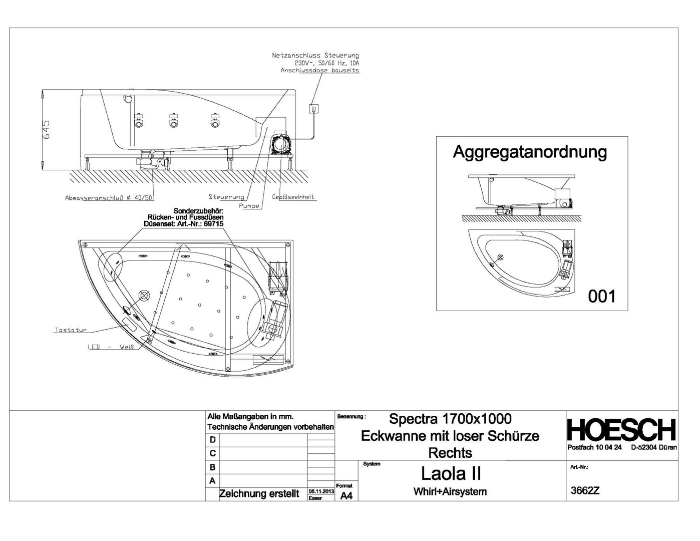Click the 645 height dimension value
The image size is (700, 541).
tap(47, 130)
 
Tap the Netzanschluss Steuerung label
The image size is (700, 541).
tap(315, 56)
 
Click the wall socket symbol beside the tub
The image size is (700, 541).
tap(313, 109)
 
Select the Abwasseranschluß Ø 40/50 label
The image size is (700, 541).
tap(109, 198)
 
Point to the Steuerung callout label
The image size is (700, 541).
tap(226, 197)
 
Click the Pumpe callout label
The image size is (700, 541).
tap(249, 206)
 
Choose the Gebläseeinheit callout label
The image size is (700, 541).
tap(293, 197)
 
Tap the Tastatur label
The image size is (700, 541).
tap(71, 330)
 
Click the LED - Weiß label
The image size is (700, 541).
tap(111, 347)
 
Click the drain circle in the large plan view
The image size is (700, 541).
tap(144, 296)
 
